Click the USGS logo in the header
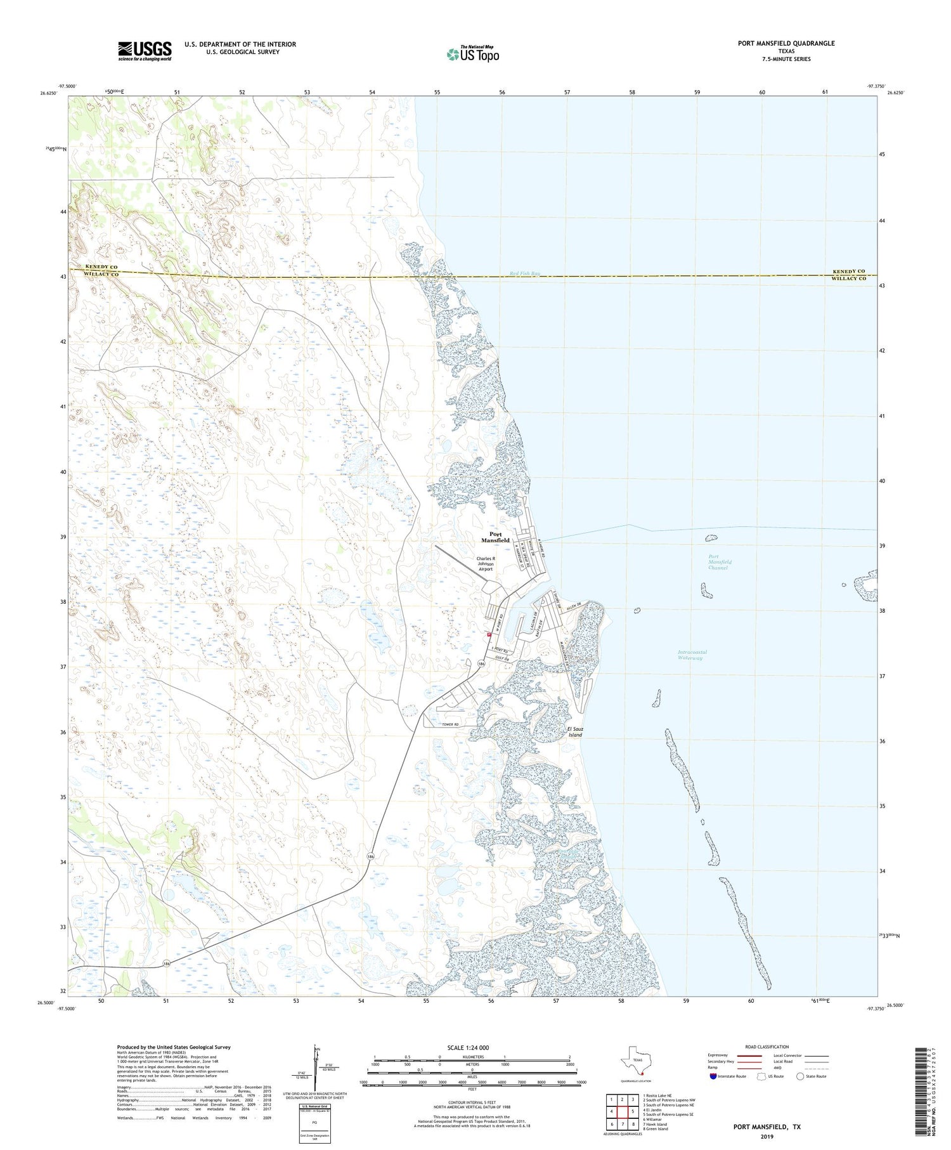(x=145, y=51)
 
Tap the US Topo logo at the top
(x=472, y=54)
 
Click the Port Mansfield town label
(x=495, y=537)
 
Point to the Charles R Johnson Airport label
(x=486, y=564)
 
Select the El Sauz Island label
(x=575, y=732)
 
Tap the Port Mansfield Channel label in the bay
(x=720, y=562)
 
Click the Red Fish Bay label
(x=525, y=274)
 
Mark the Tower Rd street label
(x=448, y=724)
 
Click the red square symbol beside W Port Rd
(x=488, y=634)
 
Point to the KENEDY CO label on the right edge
(x=848, y=271)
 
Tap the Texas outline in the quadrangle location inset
(x=636, y=1060)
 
